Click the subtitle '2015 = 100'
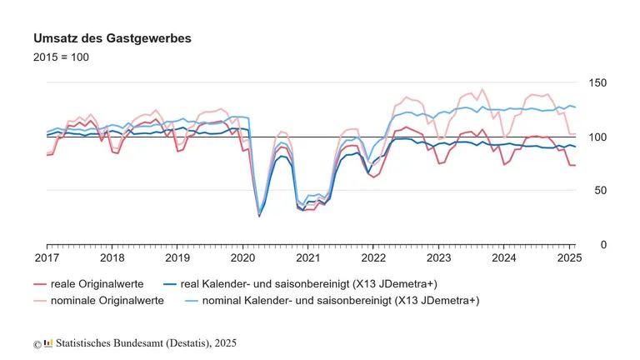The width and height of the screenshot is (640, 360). [x=61, y=57]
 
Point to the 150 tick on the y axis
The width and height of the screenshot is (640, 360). [x=597, y=83]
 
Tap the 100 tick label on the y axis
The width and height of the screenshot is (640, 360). [x=597, y=137]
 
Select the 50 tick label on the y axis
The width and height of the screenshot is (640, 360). [x=600, y=191]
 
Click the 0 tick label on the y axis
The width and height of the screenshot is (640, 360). [x=603, y=244]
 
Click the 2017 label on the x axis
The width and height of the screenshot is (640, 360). [x=47, y=259]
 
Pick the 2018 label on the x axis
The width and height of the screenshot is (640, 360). [x=112, y=259]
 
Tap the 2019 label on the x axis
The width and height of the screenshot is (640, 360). [x=177, y=259]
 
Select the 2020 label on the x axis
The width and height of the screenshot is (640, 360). [x=242, y=259]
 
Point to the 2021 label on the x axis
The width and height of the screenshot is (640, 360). [x=307, y=259]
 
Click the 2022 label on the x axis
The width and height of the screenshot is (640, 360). [x=373, y=259]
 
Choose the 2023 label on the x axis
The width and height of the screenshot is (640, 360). [x=438, y=259]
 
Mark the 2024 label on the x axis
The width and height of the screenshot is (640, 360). [x=503, y=259]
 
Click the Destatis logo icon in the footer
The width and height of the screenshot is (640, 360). [x=48, y=342]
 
